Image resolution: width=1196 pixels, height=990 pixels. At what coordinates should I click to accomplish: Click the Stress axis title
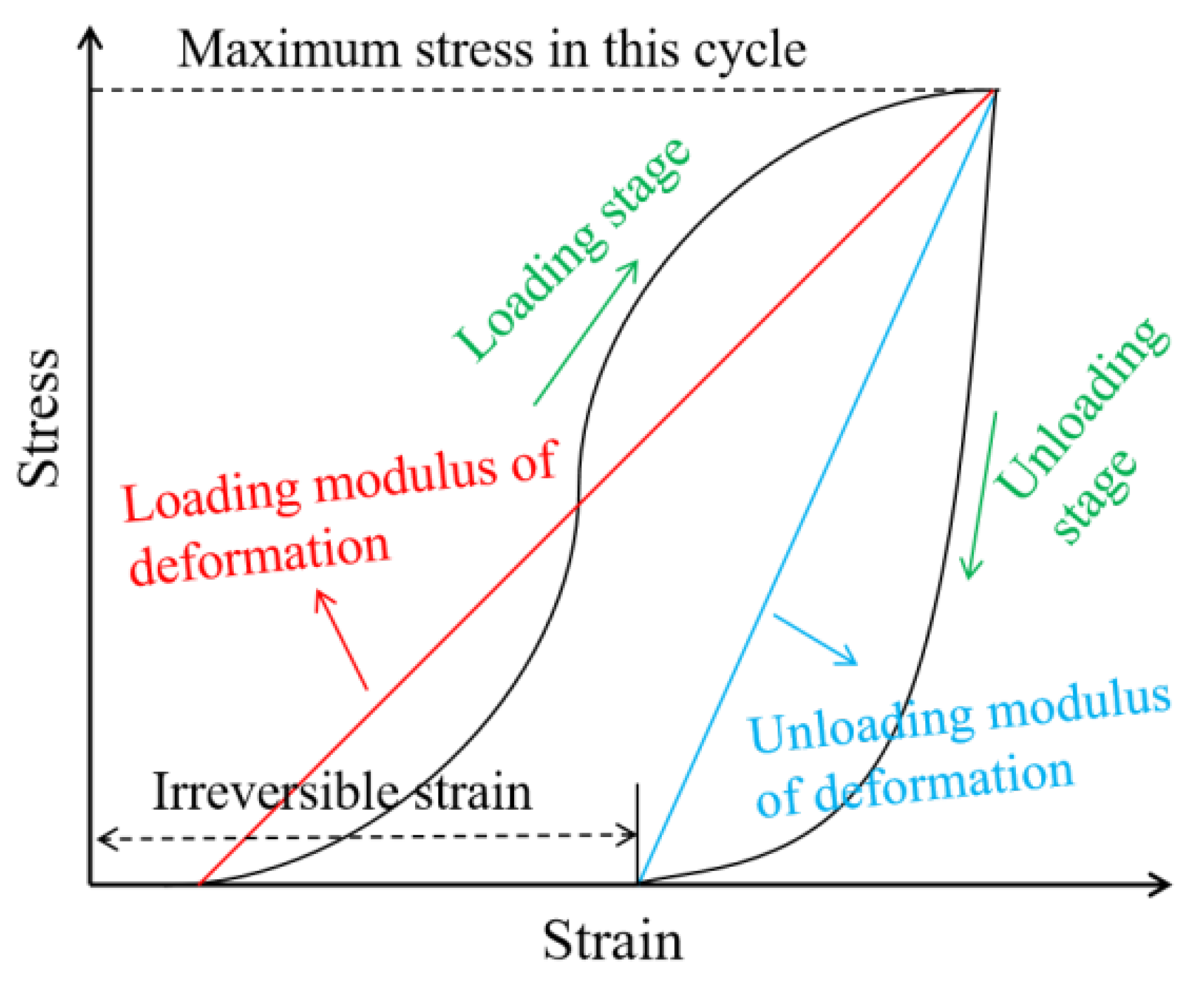[39, 418]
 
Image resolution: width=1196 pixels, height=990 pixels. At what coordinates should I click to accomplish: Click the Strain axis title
[613, 941]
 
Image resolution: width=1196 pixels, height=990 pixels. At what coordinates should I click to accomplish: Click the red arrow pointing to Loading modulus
[341, 638]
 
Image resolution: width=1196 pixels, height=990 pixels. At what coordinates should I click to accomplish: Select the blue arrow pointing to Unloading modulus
[816, 639]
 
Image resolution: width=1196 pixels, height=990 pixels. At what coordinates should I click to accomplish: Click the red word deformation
[259, 557]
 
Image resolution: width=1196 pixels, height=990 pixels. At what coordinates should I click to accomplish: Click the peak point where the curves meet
[995, 91]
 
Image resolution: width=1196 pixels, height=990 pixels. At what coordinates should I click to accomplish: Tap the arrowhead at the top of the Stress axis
[90, 36]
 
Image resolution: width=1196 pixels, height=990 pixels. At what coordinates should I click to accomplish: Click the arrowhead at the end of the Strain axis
[1162, 884]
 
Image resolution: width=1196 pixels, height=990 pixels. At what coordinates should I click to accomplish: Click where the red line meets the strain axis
[199, 884]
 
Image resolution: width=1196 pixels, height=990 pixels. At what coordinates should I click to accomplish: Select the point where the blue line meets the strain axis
[638, 883]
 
